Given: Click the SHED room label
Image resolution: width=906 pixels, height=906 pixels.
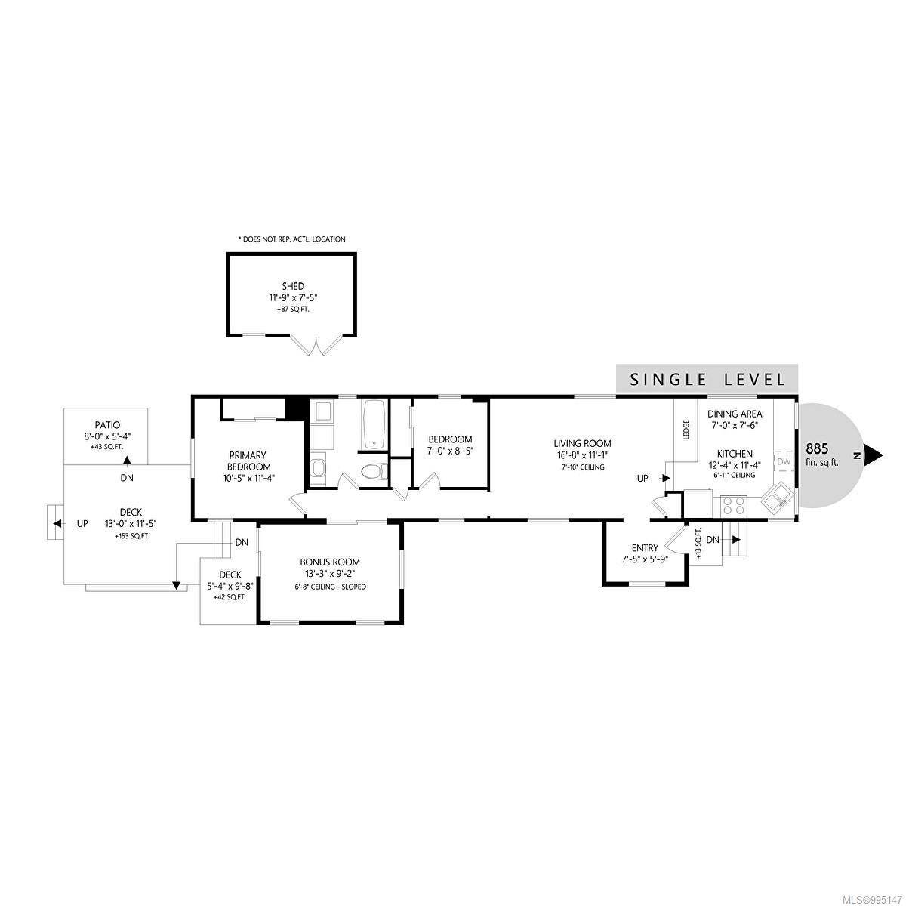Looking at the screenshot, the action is tap(293, 286).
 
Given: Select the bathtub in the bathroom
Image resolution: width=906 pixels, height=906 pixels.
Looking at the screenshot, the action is tap(374, 424).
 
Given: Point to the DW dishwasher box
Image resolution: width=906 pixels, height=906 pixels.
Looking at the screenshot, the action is tap(783, 461).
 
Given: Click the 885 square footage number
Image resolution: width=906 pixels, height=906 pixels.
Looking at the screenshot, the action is tap(817, 448).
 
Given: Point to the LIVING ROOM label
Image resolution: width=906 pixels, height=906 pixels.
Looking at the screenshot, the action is tap(582, 443).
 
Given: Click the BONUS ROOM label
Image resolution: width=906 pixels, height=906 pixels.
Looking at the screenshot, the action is tap(330, 562).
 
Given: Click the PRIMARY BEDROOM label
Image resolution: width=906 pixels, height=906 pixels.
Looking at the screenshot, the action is tap(248, 461).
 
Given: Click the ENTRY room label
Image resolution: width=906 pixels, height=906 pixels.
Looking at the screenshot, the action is tap(645, 547).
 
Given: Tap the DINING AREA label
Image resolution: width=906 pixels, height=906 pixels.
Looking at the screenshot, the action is tap(735, 414).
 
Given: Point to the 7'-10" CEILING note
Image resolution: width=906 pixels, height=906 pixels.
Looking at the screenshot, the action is tap(582, 467).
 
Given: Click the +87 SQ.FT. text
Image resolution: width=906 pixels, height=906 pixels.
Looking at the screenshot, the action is tap(293, 310).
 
